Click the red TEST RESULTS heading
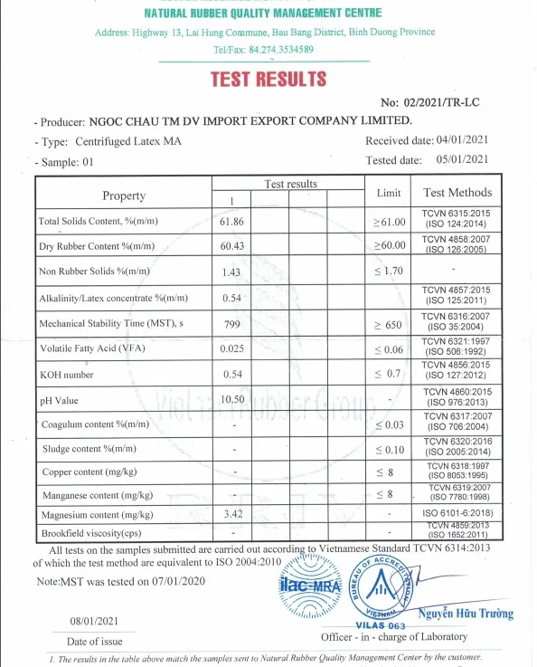[268, 79]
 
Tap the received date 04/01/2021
[462, 140]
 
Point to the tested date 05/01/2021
[462, 160]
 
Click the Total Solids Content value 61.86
[232, 221]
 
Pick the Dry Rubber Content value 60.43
[232, 246]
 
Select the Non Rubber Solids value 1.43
[232, 272]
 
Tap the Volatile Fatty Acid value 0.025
[232, 348]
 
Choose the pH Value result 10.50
[232, 399]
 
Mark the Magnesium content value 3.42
[232, 514]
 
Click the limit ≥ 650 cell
[388, 323]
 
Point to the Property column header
[124, 195]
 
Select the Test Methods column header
[457, 193]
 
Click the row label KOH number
[67, 374]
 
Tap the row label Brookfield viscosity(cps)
[92, 533]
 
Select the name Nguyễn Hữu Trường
[465, 614]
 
